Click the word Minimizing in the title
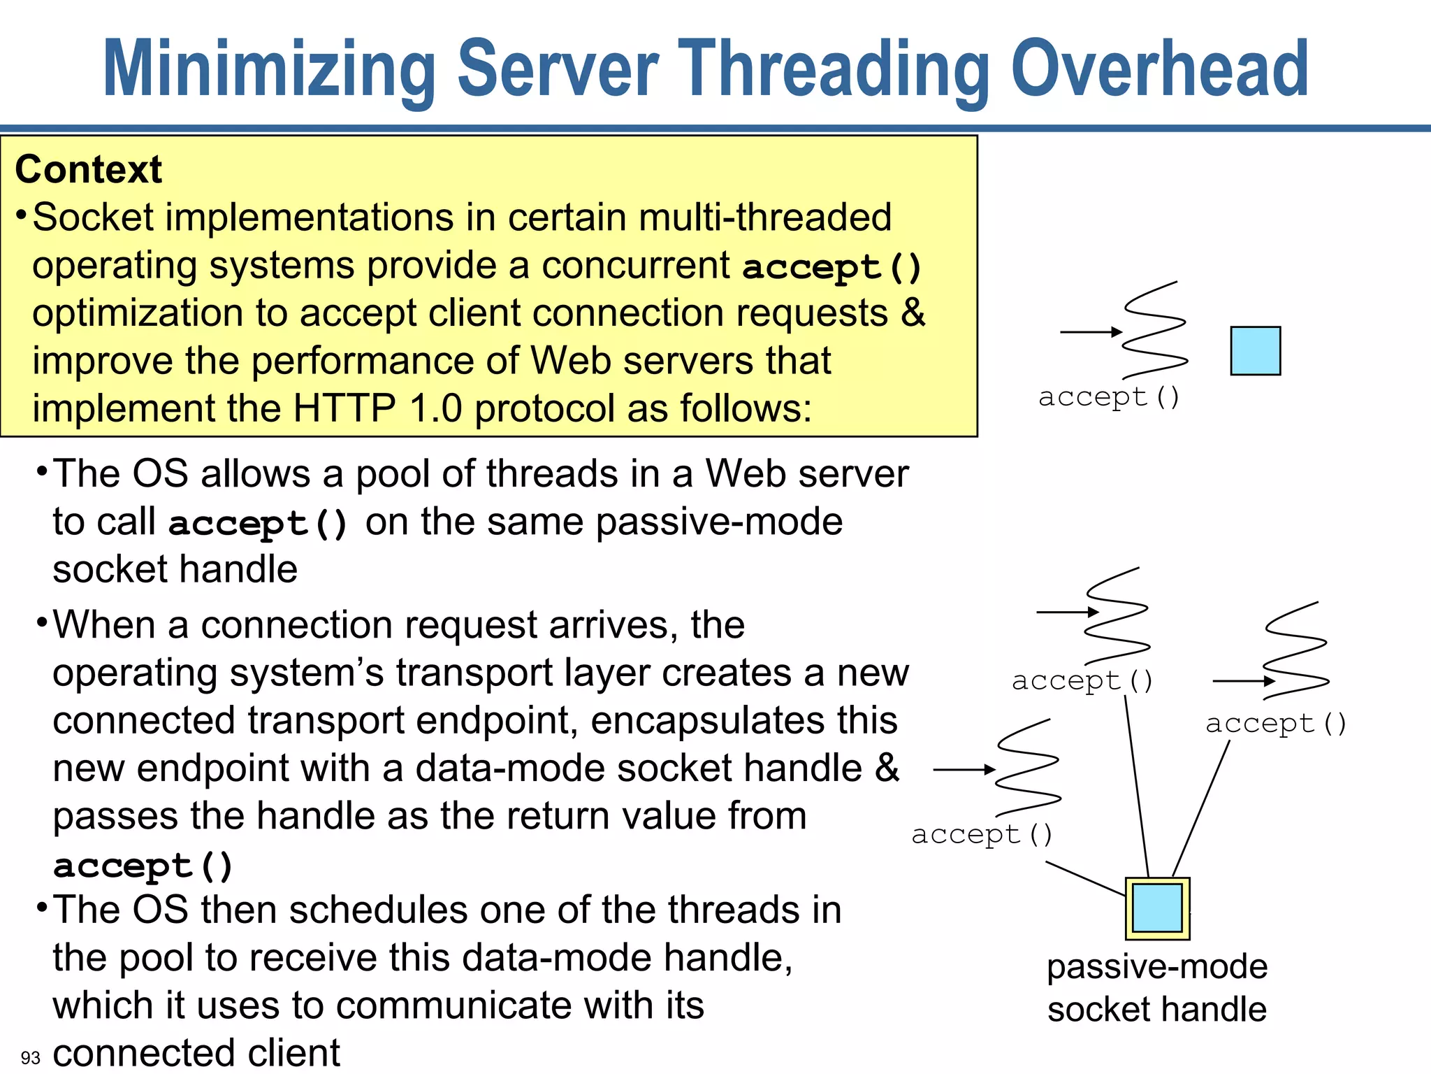[x=269, y=70]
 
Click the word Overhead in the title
[x=1159, y=70]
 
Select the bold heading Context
[x=89, y=170]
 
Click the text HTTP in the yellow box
[x=344, y=408]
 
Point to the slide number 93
[x=31, y=1057]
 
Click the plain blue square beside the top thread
[x=1255, y=351]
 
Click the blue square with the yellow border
[x=1157, y=908]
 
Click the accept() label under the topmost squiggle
[x=1109, y=397]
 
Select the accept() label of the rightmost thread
[x=1276, y=723]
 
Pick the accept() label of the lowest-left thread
[x=982, y=834]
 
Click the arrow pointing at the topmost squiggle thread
[x=1090, y=332]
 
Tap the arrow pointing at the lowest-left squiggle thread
[x=964, y=770]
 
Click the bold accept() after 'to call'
[x=258, y=524]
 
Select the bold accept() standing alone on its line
[x=143, y=866]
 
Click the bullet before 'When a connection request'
[x=42, y=622]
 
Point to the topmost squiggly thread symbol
[x=1154, y=331]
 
